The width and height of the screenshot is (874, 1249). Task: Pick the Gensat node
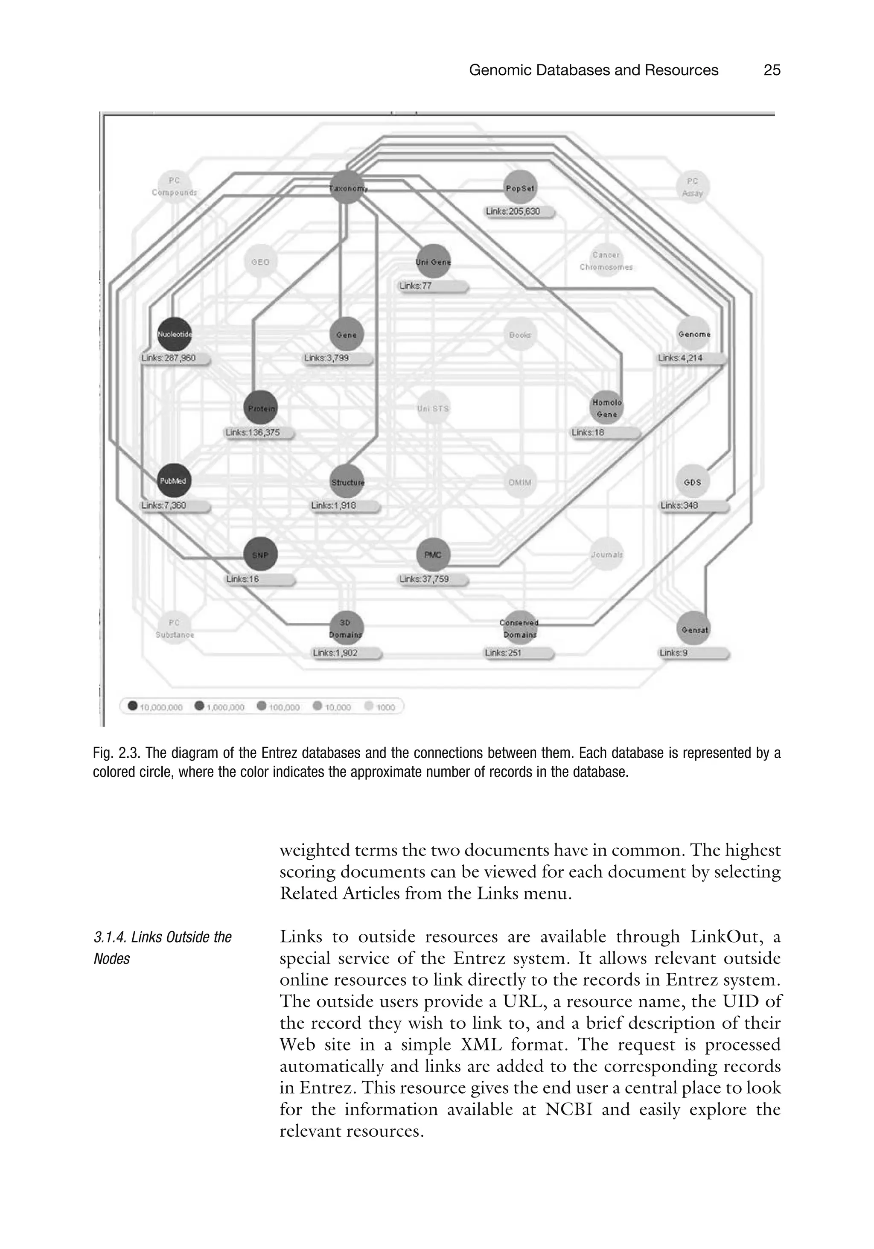click(x=694, y=628)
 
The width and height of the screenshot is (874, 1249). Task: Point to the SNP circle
click(x=260, y=554)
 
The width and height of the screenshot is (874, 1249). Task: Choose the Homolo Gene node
click(x=606, y=408)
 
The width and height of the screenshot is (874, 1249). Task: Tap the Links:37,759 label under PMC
click(x=432, y=579)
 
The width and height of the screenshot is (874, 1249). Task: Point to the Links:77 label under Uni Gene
click(x=432, y=286)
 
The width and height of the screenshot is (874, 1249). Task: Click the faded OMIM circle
click(x=520, y=482)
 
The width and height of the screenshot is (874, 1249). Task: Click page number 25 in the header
click(x=772, y=70)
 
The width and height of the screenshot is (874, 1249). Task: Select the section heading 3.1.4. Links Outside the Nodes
click(x=162, y=947)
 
